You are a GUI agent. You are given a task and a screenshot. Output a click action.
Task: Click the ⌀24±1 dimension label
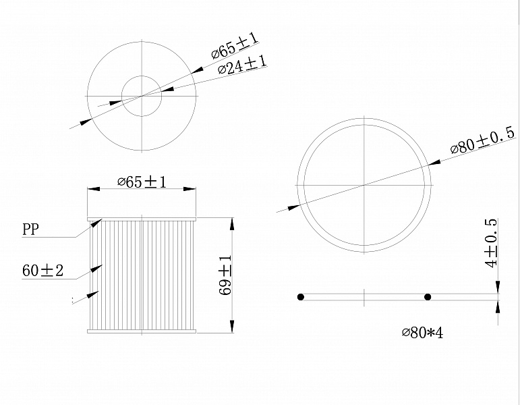[242, 67]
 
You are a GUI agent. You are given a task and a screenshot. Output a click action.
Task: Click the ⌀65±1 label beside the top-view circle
[234, 46]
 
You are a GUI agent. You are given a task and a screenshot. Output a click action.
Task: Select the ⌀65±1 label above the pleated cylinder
[142, 182]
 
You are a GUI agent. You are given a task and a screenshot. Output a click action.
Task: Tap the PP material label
[30, 230]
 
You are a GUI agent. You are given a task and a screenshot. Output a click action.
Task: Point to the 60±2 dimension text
[42, 271]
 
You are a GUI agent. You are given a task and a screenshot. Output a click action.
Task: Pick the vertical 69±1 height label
[226, 275]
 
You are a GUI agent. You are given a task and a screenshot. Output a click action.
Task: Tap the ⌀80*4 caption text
[422, 332]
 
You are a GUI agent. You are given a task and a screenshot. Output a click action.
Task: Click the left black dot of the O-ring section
[301, 297]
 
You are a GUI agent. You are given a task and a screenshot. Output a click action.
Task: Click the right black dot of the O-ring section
[428, 297]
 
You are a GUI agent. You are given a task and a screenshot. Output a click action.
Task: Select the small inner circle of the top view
[142, 95]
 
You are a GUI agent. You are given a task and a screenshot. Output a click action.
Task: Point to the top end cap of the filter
[142, 219]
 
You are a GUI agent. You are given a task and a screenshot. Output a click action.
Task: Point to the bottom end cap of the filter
[142, 331]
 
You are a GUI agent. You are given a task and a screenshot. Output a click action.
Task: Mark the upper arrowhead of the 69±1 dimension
[232, 222]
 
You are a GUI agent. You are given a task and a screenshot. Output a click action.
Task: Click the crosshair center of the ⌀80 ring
[364, 185]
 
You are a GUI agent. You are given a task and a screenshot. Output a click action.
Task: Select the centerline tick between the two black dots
[364, 297]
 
